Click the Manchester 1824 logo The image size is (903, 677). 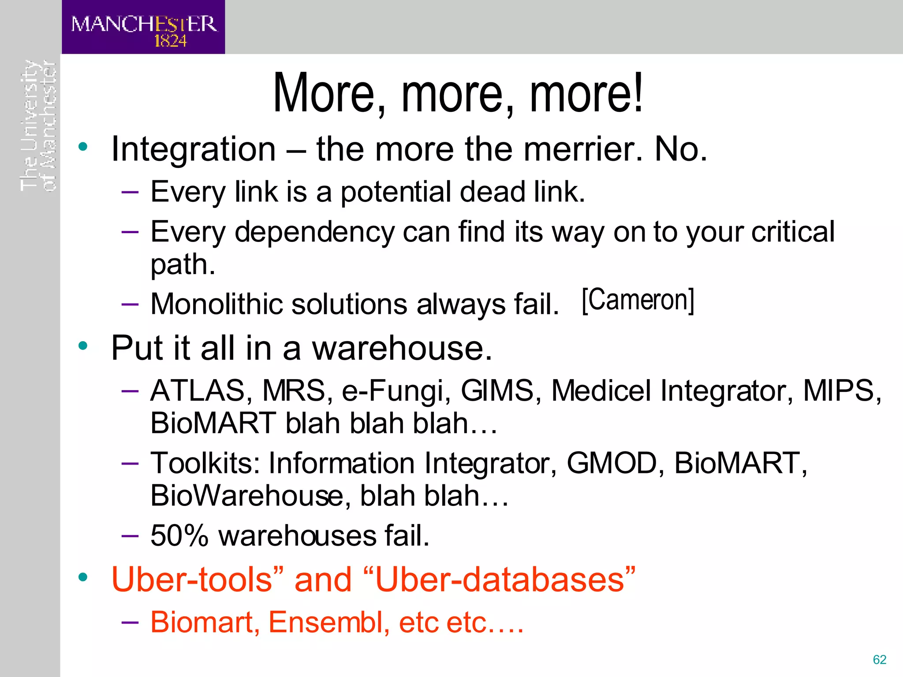tap(143, 28)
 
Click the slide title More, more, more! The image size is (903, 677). tap(458, 93)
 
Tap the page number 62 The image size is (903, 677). tap(879, 659)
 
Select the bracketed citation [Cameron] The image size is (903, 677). tap(638, 301)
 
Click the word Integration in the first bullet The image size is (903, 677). tap(194, 150)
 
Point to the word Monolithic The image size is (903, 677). tap(216, 304)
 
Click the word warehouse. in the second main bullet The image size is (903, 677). tap(402, 348)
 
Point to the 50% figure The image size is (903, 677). tap(179, 536)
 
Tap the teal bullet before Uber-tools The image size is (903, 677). tap(83, 577)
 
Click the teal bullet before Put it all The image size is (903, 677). tap(83, 346)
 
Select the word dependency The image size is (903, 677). tap(314, 232)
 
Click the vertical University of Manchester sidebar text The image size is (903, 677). tap(38, 126)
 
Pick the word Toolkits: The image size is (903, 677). tap(205, 463)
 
